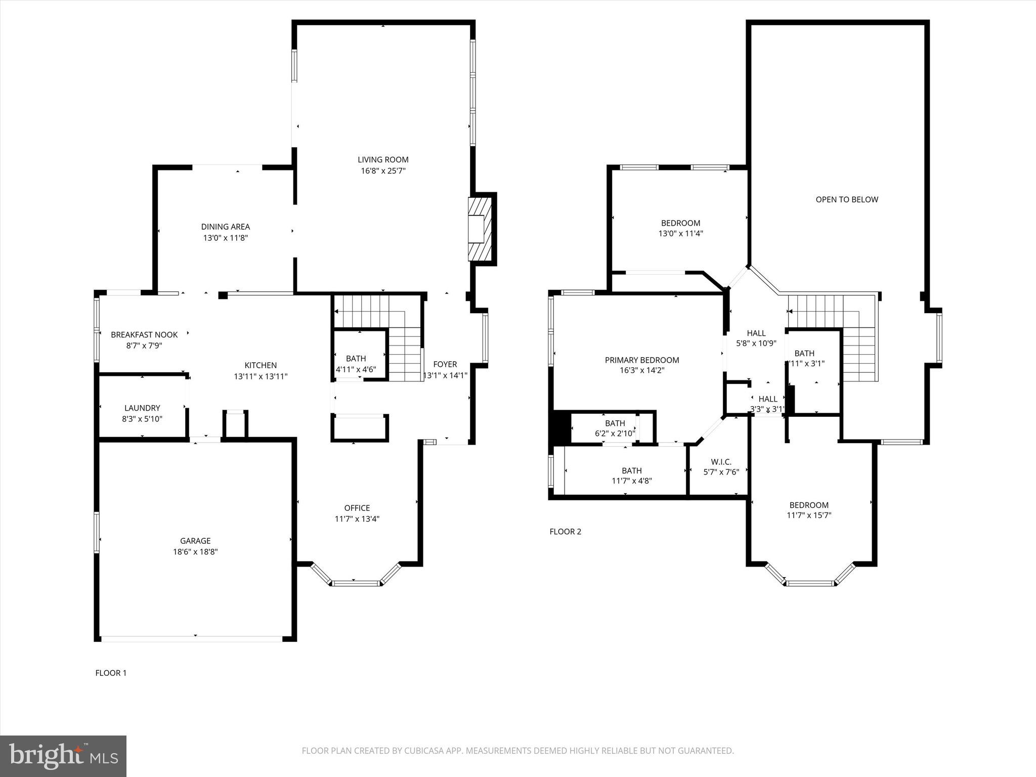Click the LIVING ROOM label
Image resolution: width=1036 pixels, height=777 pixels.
(x=383, y=160)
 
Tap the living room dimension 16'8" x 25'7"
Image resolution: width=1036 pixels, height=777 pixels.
(x=383, y=171)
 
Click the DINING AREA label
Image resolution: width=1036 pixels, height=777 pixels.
(x=226, y=227)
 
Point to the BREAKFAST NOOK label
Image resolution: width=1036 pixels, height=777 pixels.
(x=144, y=334)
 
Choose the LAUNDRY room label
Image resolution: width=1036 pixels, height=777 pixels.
(x=142, y=408)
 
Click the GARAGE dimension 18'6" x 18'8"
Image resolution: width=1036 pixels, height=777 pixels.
(x=195, y=552)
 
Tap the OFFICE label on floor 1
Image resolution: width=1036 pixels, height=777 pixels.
(x=357, y=508)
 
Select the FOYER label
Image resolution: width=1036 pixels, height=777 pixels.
(x=445, y=364)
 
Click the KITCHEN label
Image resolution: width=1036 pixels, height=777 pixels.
(x=261, y=365)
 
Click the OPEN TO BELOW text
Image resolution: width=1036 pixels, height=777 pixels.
(x=847, y=199)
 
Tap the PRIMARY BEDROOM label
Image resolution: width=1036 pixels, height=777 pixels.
(x=642, y=360)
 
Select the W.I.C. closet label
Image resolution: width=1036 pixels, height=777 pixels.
(x=721, y=462)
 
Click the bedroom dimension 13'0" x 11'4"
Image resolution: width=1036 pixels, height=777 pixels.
(x=680, y=234)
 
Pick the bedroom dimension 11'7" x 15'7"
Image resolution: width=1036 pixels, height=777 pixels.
(x=809, y=515)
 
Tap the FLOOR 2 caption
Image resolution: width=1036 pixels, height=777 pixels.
(x=566, y=531)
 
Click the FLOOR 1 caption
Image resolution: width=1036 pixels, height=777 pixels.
(x=111, y=673)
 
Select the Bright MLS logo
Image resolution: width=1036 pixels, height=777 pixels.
(x=63, y=756)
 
